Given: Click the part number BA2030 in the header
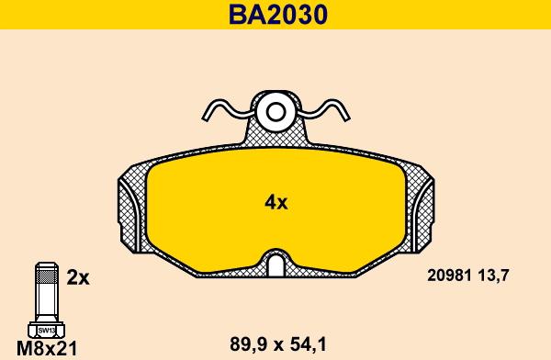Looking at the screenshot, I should click(x=275, y=15).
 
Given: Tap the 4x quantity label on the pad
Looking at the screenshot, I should click(x=276, y=202).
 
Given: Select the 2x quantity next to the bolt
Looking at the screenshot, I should click(x=78, y=276).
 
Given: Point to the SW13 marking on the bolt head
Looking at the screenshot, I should click(x=45, y=329).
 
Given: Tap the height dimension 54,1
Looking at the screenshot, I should click(x=309, y=344).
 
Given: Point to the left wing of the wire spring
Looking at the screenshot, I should click(x=223, y=109).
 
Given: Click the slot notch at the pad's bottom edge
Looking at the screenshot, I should click(x=275, y=265).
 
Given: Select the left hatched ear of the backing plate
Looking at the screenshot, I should click(x=129, y=211).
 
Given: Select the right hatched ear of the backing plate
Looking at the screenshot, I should click(x=422, y=211).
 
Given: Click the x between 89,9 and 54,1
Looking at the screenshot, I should click(x=275, y=345).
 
